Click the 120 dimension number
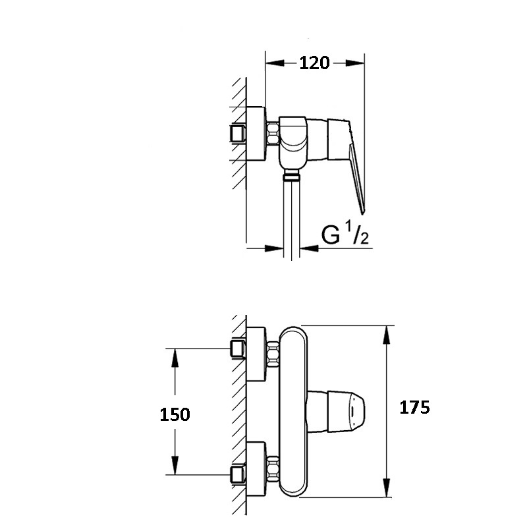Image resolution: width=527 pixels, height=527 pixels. [314, 63]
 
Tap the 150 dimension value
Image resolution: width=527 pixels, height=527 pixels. [175, 414]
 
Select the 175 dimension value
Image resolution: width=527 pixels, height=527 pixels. [414, 407]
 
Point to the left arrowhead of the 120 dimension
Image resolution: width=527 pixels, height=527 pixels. [275, 63]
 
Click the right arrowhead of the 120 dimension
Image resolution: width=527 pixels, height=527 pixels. [355, 63]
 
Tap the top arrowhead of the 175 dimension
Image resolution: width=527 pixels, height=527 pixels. [387, 335]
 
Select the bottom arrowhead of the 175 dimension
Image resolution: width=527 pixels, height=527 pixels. [387, 487]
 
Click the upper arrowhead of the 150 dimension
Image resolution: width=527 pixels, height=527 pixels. [175, 358]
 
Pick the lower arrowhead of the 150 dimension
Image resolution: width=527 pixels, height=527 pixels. [175, 466]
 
